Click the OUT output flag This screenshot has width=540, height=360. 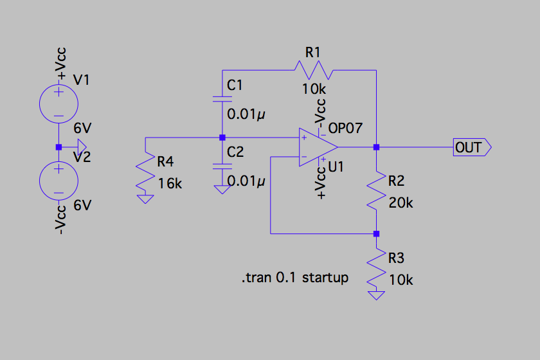472,147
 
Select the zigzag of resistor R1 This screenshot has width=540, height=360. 314,70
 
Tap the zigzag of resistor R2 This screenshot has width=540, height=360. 377,190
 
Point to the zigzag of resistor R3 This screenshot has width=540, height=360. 377,267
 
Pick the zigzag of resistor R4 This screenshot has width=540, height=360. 145,171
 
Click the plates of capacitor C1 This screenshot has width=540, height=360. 222,99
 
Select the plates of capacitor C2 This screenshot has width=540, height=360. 222,166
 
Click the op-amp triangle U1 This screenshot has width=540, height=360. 318,147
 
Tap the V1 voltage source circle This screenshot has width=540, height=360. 59,104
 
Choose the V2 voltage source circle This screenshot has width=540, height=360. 59,181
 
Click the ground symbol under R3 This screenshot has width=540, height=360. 377,296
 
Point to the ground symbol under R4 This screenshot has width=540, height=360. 145,199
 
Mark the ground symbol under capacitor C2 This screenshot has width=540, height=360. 222,190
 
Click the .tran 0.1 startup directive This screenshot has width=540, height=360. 295,277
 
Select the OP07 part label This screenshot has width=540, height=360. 345,128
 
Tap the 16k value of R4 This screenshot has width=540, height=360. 170,184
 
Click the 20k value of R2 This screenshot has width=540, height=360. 401,203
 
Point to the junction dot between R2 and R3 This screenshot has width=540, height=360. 377,233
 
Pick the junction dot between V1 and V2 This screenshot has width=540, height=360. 59,147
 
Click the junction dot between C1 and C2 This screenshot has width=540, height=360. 222,138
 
